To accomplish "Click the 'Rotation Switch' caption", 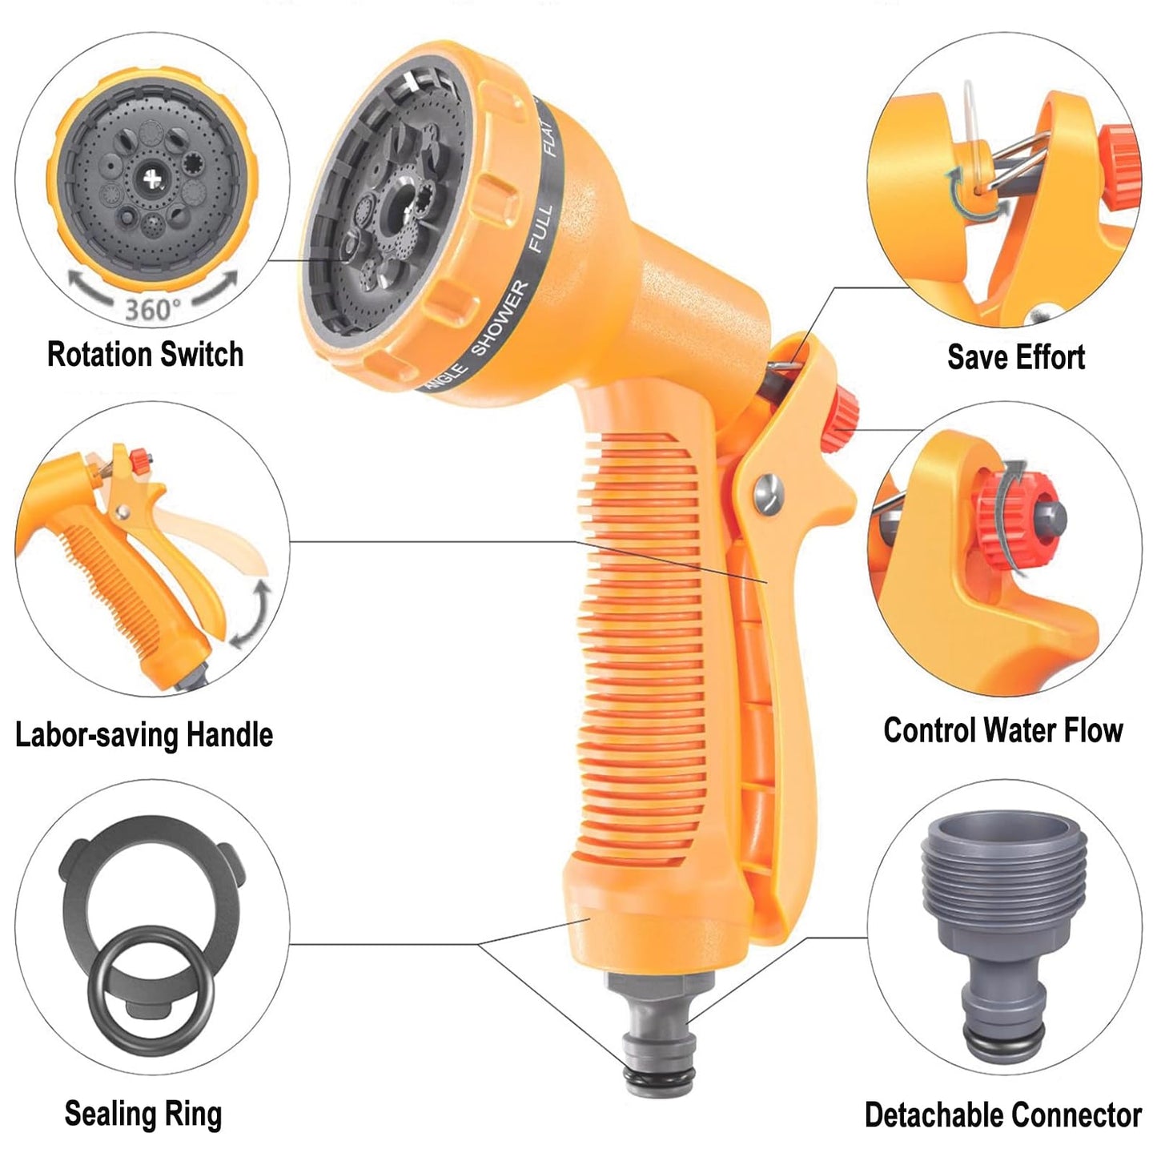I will coord(145,354).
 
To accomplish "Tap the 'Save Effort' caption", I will coord(1015,357).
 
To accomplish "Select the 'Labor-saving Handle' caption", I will coord(144,734).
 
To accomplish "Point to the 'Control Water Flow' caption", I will coord(1002,730).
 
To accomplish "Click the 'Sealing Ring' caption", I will coord(143,1114).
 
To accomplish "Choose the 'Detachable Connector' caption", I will coord(1002,1115).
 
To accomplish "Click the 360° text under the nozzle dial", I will coord(152,309).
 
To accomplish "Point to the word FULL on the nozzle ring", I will coord(540,229).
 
